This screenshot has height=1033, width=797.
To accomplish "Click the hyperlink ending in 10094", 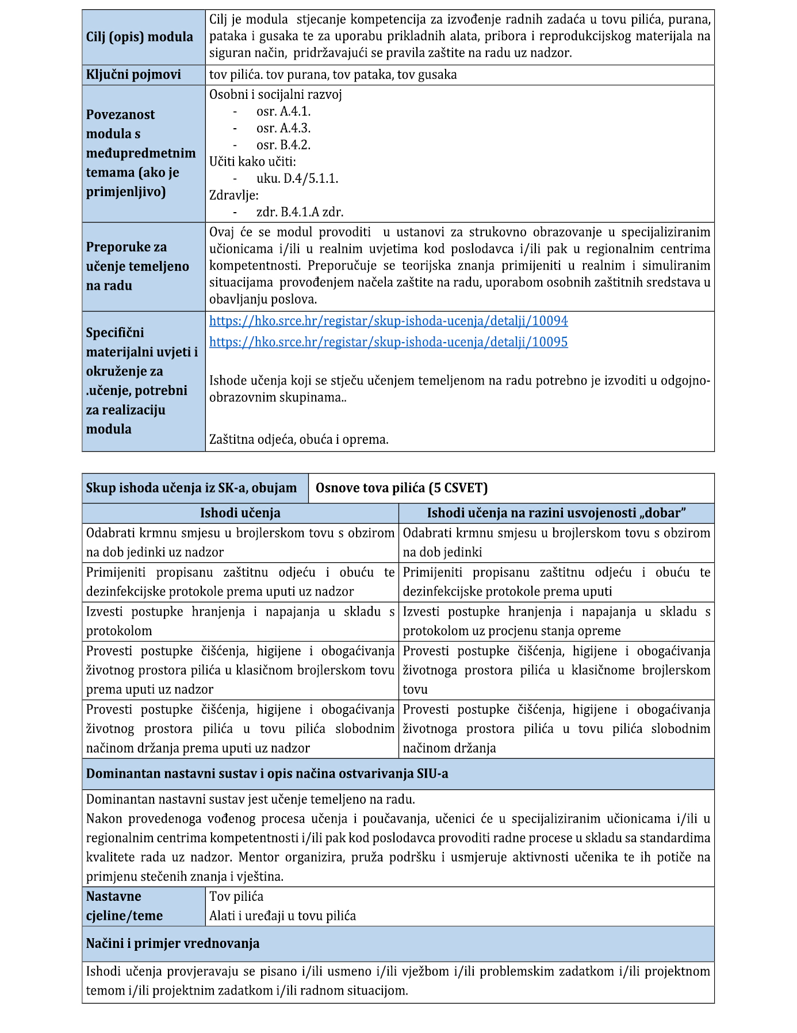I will (388, 321).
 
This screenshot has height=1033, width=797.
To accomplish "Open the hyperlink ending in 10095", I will (388, 342).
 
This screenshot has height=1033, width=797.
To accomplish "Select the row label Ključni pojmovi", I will (133, 75).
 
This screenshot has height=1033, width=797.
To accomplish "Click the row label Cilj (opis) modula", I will (140, 37).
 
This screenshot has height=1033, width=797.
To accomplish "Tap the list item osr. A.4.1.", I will (283, 112).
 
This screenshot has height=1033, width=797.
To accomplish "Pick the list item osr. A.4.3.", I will (283, 128).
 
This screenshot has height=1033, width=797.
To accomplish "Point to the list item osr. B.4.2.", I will (283, 145).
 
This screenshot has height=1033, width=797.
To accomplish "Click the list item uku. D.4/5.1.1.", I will (297, 178).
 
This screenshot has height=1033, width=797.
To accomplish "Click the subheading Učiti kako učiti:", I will (252, 162).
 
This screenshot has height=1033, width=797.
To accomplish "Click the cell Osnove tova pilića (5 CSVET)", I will (401, 488).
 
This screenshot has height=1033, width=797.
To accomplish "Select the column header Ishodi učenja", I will (240, 513).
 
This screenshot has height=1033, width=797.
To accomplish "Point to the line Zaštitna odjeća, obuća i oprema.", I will (299, 440).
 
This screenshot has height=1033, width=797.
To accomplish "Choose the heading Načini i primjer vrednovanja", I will (173, 943).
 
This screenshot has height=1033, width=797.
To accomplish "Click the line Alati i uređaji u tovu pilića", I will (282, 916).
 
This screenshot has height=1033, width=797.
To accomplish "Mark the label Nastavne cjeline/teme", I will (124, 906).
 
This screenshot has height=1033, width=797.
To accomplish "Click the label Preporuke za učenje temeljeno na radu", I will (137, 266).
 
